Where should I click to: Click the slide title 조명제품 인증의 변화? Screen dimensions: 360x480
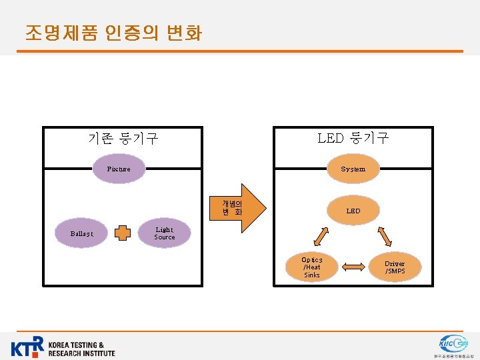[x=113, y=33]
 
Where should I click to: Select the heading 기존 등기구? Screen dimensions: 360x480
[x=123, y=139]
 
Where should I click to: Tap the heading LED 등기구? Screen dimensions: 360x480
[x=353, y=138]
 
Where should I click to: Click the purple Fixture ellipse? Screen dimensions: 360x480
[x=119, y=169]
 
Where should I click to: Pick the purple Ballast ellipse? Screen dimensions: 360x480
[x=81, y=233]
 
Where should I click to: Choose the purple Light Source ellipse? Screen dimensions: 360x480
[x=164, y=233]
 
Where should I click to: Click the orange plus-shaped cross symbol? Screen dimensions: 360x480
[x=122, y=233]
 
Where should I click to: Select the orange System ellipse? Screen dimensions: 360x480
[x=353, y=169]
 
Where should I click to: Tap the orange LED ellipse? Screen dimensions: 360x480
[x=353, y=211]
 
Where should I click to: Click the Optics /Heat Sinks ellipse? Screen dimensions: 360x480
[x=311, y=267]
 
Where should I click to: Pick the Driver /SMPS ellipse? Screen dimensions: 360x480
[x=394, y=267]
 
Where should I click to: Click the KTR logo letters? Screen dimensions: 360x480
[x=28, y=347]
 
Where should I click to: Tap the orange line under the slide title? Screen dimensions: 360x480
[x=240, y=51]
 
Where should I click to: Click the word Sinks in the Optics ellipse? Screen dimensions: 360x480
[x=311, y=275]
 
